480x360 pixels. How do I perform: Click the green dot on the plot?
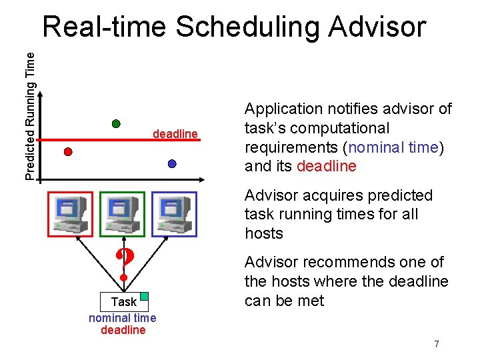pos(115,123)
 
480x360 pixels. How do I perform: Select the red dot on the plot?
pos(67,151)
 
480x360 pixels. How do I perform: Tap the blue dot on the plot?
pos(172,163)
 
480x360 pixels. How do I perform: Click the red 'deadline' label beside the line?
pos(175,134)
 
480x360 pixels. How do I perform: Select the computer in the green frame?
pos(122,214)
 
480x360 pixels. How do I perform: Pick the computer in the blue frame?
pos(174,214)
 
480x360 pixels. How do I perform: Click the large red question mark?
pos(123,264)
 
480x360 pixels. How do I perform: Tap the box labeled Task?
pos(123,302)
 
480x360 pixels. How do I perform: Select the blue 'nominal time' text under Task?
pos(123,318)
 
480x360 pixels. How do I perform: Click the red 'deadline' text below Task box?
pos(123,330)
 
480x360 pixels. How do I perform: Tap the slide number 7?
pos(437,344)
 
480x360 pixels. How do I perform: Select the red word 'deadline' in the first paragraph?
pos(327,166)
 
